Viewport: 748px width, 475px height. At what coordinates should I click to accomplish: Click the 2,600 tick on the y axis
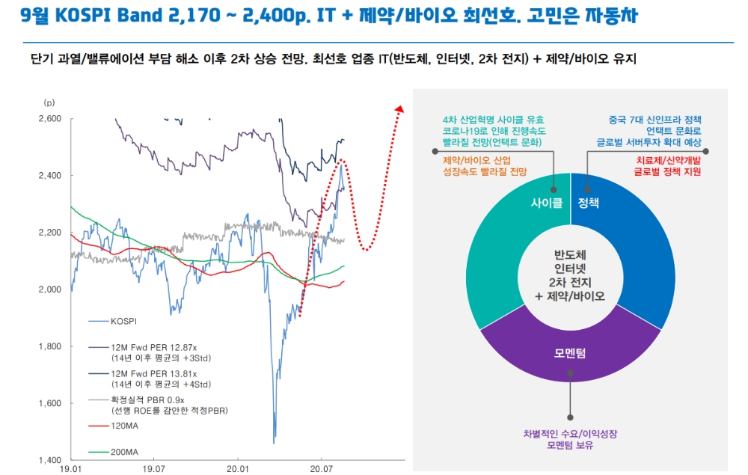49,119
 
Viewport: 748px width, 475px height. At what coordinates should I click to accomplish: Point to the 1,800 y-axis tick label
49,346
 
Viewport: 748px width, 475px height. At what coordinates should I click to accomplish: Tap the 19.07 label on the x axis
153,469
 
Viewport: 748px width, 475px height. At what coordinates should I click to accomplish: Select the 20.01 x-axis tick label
237,469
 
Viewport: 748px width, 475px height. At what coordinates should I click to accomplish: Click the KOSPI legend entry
123,321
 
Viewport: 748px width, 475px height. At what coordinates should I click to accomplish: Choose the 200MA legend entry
123,452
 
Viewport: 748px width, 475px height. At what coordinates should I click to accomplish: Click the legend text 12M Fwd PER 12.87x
153,348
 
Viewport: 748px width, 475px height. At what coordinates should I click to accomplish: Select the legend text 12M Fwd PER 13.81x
153,374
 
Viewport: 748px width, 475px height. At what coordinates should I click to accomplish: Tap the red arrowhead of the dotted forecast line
398,111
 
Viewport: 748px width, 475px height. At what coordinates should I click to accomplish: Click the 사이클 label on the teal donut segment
545,203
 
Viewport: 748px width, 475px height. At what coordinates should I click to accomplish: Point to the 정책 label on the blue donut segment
589,203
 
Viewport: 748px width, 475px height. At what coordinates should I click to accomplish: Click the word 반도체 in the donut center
570,255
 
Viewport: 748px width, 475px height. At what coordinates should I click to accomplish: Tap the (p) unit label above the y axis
49,102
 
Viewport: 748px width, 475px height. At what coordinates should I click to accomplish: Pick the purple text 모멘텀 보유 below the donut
570,445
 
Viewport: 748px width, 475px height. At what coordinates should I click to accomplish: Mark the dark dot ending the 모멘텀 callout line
570,417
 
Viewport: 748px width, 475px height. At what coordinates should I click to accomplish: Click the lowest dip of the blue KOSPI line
275,441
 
